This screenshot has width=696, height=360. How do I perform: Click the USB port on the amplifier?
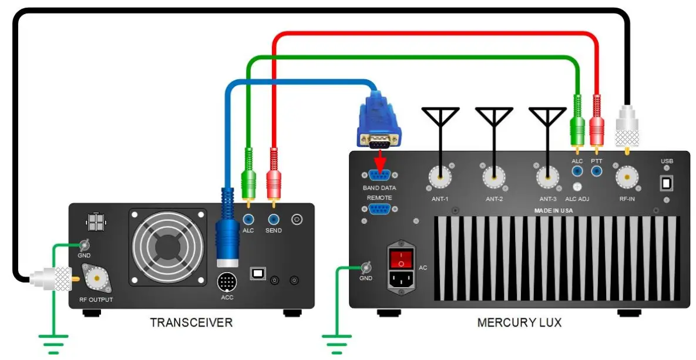click(x=666, y=183)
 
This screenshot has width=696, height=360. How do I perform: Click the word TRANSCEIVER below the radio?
click(x=191, y=322)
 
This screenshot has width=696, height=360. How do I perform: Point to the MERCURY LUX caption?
click(x=519, y=322)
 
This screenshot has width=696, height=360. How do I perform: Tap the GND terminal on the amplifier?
click(x=366, y=268)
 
